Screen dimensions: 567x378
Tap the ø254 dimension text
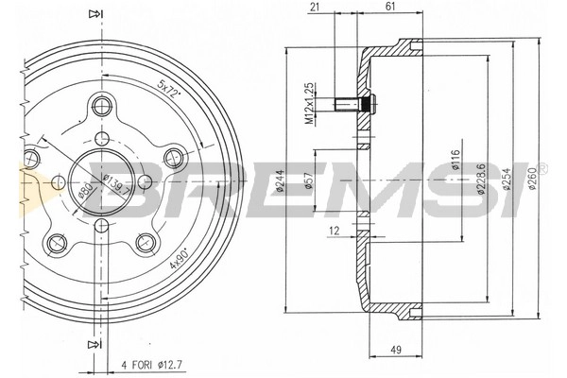pyautogui.click(x=507, y=179)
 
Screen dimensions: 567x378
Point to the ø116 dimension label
pyautogui.click(x=455, y=160)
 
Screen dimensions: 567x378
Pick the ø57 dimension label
pyautogui.click(x=308, y=180)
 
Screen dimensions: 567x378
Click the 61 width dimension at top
pyautogui.click(x=390, y=7)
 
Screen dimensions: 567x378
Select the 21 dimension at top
pyautogui.click(x=316, y=7)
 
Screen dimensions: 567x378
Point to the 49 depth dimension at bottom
pyautogui.click(x=396, y=350)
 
